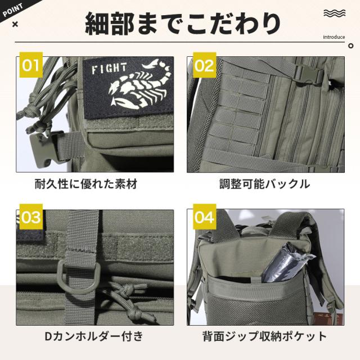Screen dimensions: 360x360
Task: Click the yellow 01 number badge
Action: [x=31, y=65]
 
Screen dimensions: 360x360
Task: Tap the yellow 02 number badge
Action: [x=204, y=65]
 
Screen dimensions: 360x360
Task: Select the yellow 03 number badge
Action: [x=31, y=217]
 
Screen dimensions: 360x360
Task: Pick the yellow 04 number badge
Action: [x=204, y=217]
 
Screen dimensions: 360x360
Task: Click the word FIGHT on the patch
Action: [x=109, y=69]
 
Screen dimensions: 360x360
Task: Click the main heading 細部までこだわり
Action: [x=183, y=24]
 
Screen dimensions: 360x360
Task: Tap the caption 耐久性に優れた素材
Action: [x=86, y=184]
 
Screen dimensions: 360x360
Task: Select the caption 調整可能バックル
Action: [x=264, y=184]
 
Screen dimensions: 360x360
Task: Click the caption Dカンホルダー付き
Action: [x=94, y=336]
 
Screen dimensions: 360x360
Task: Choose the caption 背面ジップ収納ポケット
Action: [x=264, y=336]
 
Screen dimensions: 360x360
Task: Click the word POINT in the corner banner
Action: [x=12, y=10]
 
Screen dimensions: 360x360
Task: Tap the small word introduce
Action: [x=334, y=37]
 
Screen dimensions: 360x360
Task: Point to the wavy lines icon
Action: [x=335, y=13]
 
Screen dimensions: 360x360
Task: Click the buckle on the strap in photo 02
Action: [x=309, y=75]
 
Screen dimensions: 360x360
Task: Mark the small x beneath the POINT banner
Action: [x=15, y=24]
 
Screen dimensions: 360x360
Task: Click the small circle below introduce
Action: [x=350, y=46]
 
